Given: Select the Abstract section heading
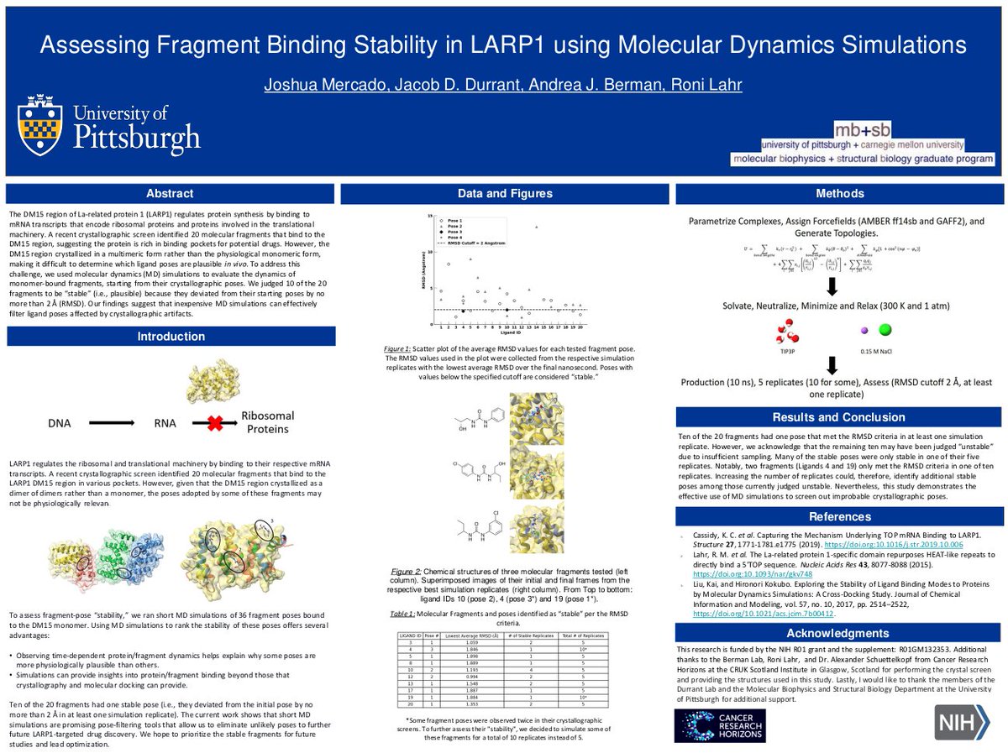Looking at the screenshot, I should point(171,194).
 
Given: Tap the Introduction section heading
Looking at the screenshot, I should point(171,337).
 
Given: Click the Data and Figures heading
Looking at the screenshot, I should point(505,194).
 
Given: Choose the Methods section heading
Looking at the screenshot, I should point(839,194).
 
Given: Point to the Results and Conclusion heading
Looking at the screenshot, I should point(839,417).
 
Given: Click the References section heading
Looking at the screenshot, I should point(839,516).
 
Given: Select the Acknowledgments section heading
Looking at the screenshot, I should point(839,631).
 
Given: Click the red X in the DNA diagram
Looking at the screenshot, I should point(215,424).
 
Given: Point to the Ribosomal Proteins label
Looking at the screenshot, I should point(265,422).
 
